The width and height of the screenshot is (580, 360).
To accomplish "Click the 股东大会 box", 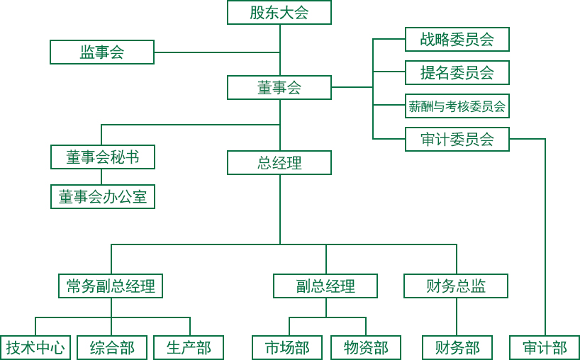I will pyautogui.click(x=279, y=12).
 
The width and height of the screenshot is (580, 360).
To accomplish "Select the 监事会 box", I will pyautogui.click(x=102, y=52).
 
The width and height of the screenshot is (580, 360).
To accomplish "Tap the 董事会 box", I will pyautogui.click(x=279, y=87).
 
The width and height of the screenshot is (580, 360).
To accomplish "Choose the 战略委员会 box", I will pyautogui.click(x=457, y=39).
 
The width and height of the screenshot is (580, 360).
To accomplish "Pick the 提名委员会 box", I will pyautogui.click(x=457, y=72).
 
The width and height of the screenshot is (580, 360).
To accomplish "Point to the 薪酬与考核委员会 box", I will pyautogui.click(x=457, y=106).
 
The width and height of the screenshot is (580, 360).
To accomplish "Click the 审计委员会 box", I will pyautogui.click(x=457, y=139).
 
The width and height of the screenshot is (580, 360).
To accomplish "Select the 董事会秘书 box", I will pyautogui.click(x=103, y=157).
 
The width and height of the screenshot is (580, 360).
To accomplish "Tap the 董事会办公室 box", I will pyautogui.click(x=103, y=196).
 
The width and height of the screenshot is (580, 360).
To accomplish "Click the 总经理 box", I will pyautogui.click(x=279, y=162).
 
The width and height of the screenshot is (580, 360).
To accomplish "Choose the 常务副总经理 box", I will pyautogui.click(x=111, y=286).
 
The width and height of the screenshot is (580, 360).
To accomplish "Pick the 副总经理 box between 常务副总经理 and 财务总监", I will pyautogui.click(x=325, y=286).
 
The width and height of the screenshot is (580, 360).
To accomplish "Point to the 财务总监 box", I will pyautogui.click(x=456, y=286).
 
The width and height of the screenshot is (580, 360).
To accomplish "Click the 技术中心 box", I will pyautogui.click(x=35, y=347).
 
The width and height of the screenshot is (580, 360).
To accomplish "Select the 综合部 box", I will pyautogui.click(x=112, y=347).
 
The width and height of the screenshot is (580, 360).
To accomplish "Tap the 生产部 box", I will pyautogui.click(x=189, y=347).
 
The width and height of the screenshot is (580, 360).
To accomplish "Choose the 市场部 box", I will pyautogui.click(x=287, y=347).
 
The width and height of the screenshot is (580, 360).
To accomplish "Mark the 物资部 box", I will pyautogui.click(x=366, y=347).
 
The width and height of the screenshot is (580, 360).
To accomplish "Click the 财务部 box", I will pyautogui.click(x=457, y=347).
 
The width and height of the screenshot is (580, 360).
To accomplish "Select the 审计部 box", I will pyautogui.click(x=545, y=347).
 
